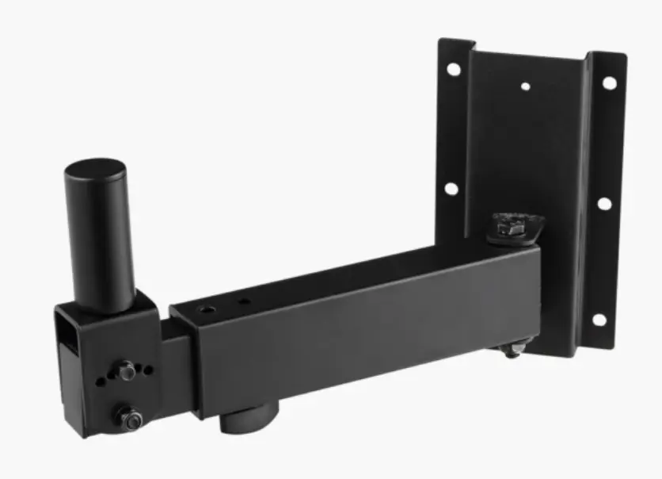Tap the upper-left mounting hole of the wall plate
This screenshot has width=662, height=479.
(454, 69)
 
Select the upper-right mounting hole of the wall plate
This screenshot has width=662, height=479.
(609, 82)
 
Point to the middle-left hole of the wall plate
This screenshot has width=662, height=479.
(451, 189)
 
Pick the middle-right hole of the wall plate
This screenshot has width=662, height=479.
(604, 204)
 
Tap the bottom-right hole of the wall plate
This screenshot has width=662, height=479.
(599, 320)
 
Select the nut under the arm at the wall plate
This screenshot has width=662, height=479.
(512, 347)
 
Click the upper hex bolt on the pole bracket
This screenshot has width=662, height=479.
(126, 370)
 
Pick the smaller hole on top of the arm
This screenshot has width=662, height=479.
(243, 302)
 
